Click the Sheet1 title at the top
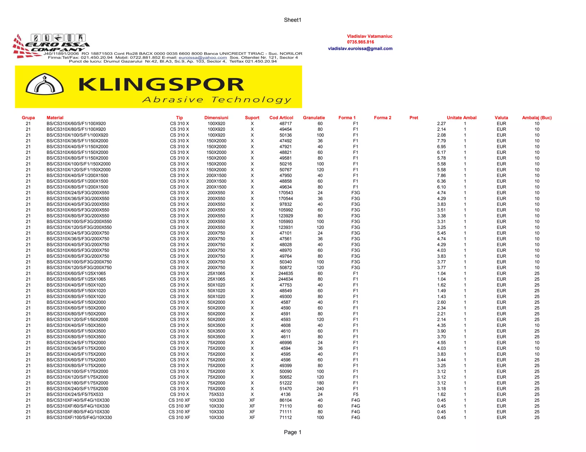292,20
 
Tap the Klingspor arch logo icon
45,84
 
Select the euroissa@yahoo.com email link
203,57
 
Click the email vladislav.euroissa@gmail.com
360,49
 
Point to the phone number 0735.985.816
360,42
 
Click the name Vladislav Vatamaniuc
369,36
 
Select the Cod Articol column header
281,118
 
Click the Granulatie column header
314,118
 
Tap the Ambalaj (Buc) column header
536,118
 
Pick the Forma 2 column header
382,118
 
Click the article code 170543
286,193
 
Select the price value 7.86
441,175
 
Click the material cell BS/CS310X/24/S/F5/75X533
75,394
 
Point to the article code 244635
286,273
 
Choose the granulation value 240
320,389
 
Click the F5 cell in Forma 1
355,394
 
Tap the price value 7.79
441,141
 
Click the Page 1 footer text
292,432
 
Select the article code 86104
286,400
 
